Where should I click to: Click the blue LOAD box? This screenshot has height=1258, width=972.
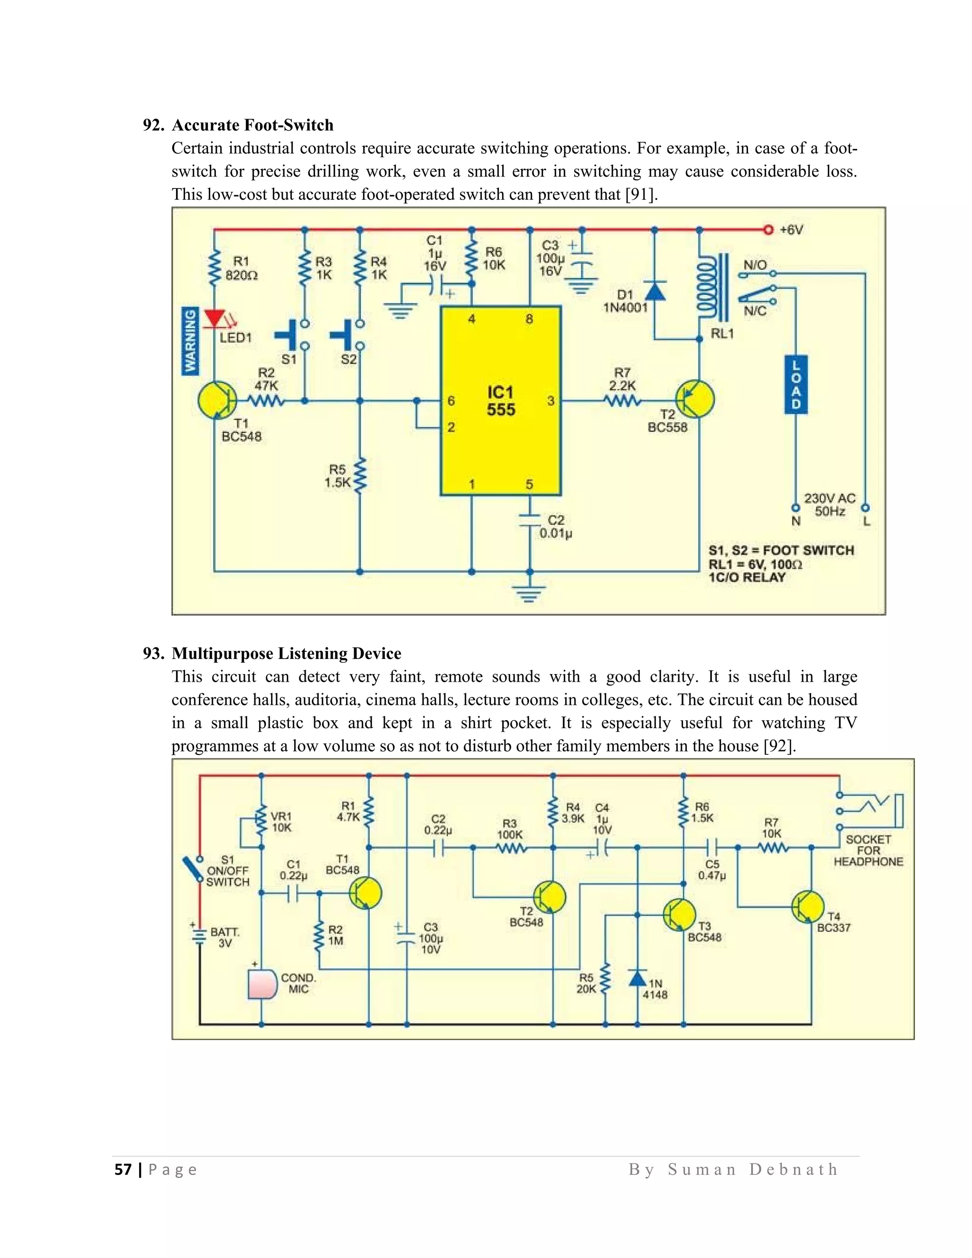click(x=796, y=384)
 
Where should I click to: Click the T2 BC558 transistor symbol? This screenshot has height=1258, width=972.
click(x=694, y=399)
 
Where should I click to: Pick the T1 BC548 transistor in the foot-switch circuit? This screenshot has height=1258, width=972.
click(x=216, y=400)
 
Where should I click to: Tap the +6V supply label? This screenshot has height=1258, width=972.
click(x=791, y=230)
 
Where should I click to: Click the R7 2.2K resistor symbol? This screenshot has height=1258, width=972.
click(x=623, y=400)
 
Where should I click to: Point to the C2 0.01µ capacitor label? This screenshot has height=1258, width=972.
click(x=555, y=527)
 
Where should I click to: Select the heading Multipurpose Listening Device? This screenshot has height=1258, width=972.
click(x=286, y=653)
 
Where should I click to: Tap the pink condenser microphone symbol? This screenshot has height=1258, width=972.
click(x=262, y=985)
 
